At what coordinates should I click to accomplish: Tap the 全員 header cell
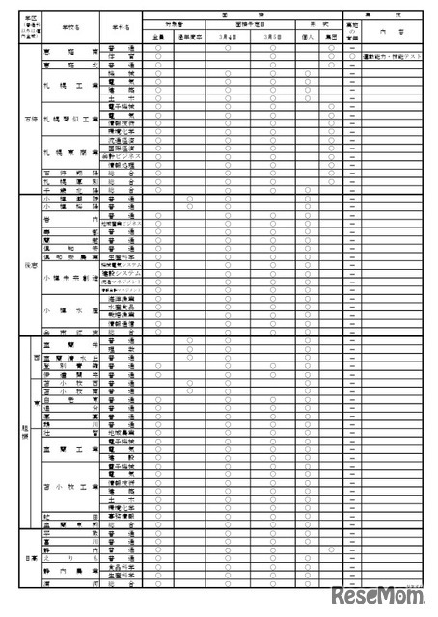click(157, 36)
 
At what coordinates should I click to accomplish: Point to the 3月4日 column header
click(229, 36)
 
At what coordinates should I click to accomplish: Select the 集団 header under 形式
click(331, 36)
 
